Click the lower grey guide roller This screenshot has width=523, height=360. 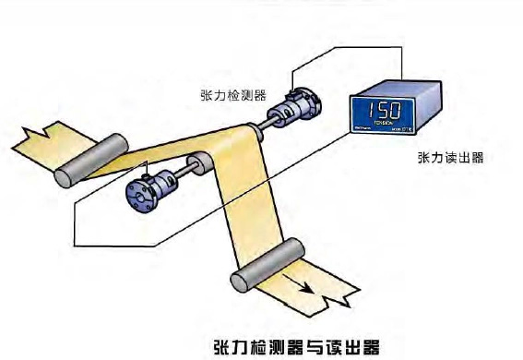[268, 263]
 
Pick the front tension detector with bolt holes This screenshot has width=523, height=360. [146, 193]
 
